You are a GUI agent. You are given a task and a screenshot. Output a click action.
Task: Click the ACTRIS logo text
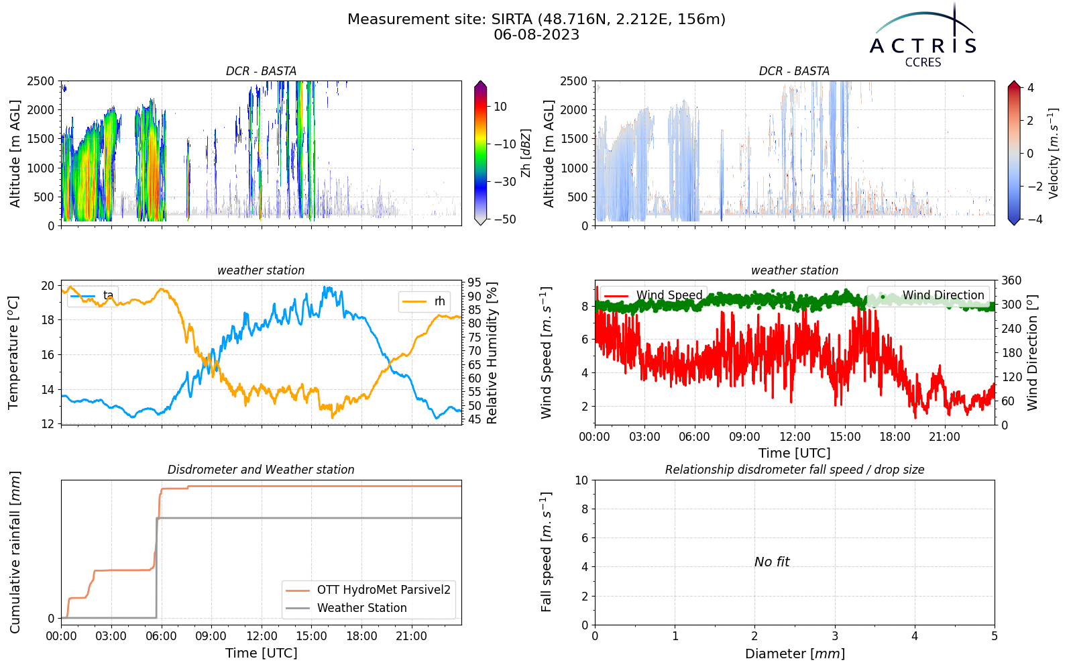[x=923, y=46]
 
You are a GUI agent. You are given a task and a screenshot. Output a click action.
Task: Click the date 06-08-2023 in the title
[x=536, y=35]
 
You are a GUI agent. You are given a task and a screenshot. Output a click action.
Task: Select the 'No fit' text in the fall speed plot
[x=772, y=562]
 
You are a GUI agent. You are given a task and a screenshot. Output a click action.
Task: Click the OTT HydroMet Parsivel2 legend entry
[x=368, y=590]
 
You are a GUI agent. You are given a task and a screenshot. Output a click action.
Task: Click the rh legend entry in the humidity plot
[x=423, y=301]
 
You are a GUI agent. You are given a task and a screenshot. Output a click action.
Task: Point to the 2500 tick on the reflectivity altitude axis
[x=41, y=81]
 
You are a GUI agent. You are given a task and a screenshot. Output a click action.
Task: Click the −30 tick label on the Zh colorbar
[x=504, y=182]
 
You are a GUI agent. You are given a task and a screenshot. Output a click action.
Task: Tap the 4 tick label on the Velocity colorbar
[x=1030, y=88]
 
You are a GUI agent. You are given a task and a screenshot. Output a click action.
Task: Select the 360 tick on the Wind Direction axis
[x=1011, y=280]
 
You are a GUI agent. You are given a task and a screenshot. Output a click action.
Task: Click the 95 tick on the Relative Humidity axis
[x=474, y=282]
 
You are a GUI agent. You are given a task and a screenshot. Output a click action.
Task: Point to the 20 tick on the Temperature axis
[x=48, y=286]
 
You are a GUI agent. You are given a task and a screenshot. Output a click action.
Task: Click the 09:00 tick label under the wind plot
[x=744, y=437]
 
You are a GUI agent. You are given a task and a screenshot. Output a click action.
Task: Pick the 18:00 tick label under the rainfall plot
[x=361, y=637]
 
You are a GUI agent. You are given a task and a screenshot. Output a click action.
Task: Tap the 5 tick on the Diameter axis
[x=995, y=637]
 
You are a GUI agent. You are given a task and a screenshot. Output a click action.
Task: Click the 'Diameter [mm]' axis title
[x=795, y=654]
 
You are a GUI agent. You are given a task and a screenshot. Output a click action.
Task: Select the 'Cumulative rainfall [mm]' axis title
[x=15, y=552]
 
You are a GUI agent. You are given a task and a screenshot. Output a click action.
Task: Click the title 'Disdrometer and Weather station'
[x=261, y=470]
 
